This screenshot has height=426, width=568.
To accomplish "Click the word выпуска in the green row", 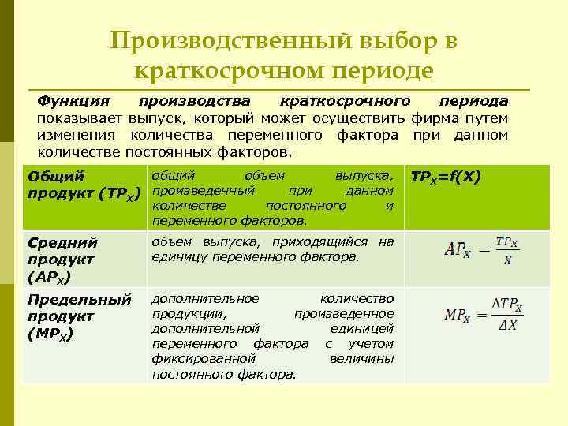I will [x=364, y=175].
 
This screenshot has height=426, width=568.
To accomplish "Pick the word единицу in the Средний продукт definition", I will [x=177, y=256].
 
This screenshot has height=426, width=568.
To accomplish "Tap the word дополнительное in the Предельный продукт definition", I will [x=205, y=298].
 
